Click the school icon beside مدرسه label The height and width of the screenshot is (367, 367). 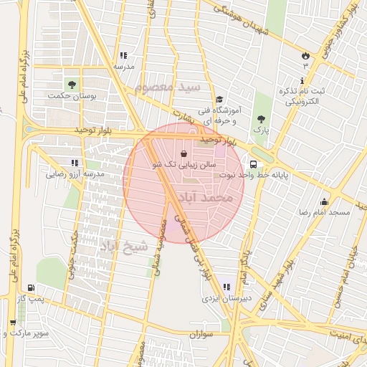[x=123, y=55]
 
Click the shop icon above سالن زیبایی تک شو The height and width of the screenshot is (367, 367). [x=184, y=153]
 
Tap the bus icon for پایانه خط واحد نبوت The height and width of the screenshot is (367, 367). [x=253, y=164]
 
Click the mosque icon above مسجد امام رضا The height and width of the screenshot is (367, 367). [x=324, y=202]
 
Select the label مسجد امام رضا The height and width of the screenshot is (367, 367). [x=324, y=213]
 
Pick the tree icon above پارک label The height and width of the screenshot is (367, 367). [x=260, y=119]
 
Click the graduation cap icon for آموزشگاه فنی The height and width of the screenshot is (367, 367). [x=219, y=100]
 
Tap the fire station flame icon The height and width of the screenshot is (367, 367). [x=305, y=54]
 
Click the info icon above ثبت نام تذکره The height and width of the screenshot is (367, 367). [x=301, y=80]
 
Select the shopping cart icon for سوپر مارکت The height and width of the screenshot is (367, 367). [x=11, y=323]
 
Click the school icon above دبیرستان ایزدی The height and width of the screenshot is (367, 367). [x=227, y=287]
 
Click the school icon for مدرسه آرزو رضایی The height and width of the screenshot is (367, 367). [x=75, y=163]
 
